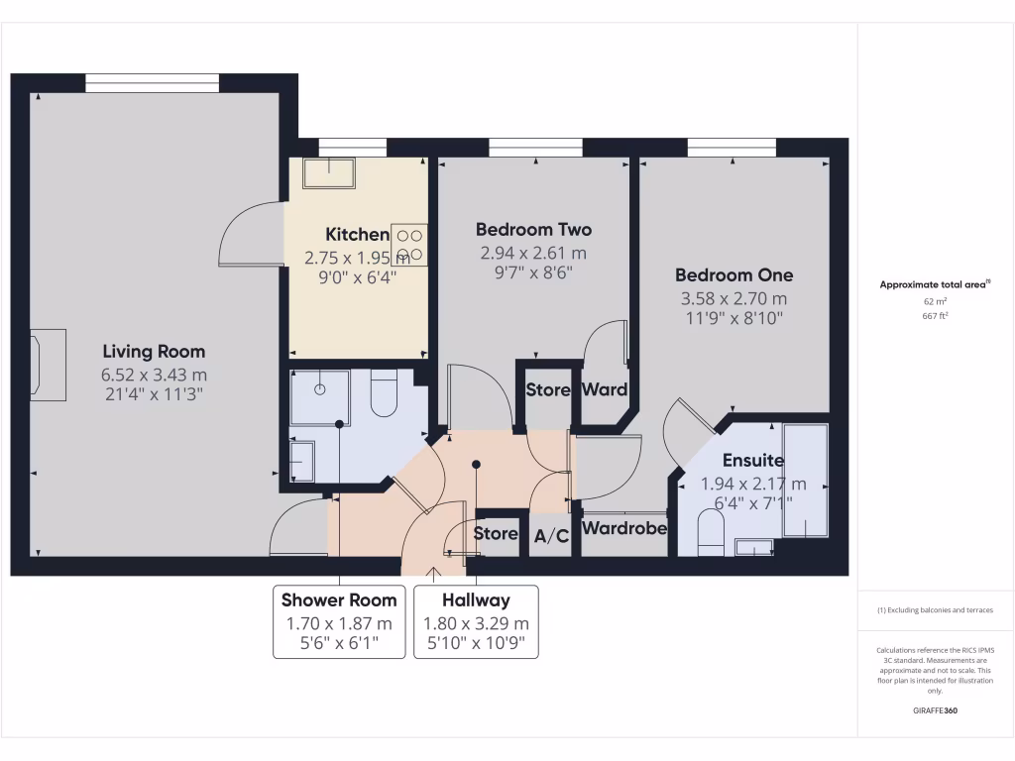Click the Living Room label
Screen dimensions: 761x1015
[x=154, y=351]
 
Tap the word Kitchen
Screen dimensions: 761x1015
[x=357, y=235]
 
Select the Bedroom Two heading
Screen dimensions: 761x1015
[x=533, y=229]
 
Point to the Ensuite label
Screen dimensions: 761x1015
[x=752, y=461]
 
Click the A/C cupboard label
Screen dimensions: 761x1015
[x=551, y=536]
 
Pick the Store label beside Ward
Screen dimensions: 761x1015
[x=547, y=389]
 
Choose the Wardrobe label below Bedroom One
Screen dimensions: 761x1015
[x=623, y=528]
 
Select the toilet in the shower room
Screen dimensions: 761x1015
[x=383, y=394]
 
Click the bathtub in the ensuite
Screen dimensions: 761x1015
[x=804, y=479]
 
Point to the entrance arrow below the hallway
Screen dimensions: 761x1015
[x=434, y=572]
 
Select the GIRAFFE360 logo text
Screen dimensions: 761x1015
[x=935, y=710]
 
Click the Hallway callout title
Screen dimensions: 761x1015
[x=476, y=599]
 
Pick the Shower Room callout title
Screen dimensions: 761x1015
[x=339, y=599]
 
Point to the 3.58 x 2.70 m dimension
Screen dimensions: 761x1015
[x=733, y=298]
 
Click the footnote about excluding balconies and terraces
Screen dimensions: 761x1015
[x=935, y=609]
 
